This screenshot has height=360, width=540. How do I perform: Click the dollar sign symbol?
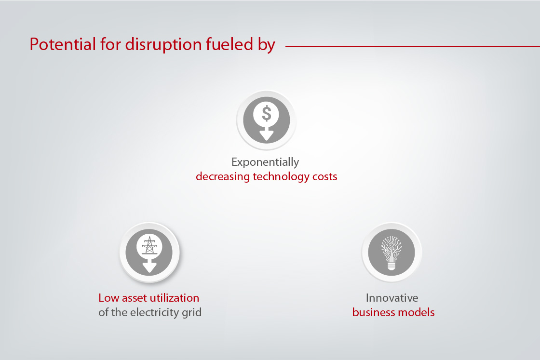click(x=266, y=114)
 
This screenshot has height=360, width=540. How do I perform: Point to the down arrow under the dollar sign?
click(x=266, y=134)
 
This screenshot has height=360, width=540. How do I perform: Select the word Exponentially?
click(x=265, y=162)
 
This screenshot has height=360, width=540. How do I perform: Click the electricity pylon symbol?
click(x=149, y=246)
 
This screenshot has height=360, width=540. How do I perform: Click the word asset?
click(x=133, y=298)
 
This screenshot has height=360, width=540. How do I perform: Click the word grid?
click(x=192, y=313)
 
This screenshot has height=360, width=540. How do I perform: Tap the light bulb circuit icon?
click(x=391, y=252)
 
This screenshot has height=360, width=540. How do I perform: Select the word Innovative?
click(x=392, y=298)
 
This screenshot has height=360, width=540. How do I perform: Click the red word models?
click(x=418, y=312)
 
